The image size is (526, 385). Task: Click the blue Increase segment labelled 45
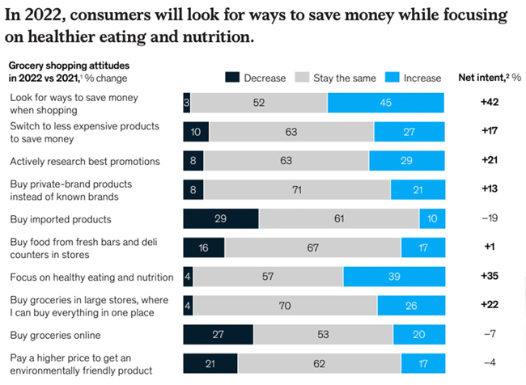[x=385, y=103]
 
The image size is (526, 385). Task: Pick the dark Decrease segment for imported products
[x=221, y=219]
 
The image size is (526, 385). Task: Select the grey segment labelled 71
[x=296, y=189]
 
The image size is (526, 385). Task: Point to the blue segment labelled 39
[x=393, y=277]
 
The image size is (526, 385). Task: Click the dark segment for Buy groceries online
[x=218, y=335]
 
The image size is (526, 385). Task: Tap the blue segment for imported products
[x=432, y=219]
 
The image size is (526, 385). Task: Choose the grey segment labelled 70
[x=285, y=306]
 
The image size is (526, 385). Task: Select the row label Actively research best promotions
[x=86, y=161]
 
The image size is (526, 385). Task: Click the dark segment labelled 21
[x=210, y=364]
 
